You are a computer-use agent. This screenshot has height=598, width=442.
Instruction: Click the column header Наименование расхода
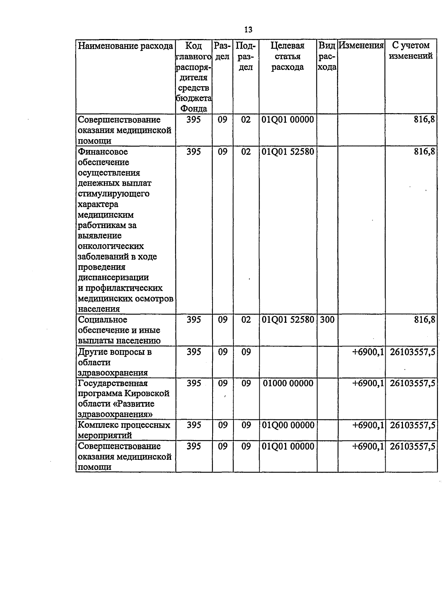125,46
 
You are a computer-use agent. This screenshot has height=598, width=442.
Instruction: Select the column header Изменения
361,46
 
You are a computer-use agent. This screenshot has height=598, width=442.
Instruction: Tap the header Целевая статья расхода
287,56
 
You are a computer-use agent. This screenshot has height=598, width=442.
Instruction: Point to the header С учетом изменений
411,51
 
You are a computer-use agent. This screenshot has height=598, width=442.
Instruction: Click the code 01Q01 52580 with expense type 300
288,320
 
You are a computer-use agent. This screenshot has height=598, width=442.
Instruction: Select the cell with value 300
327,320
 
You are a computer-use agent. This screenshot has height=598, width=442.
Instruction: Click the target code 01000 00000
288,384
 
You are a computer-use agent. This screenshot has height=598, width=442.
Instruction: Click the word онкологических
111,246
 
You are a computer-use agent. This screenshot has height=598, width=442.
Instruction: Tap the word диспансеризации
113,277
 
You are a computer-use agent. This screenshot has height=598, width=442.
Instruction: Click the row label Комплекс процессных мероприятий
124,430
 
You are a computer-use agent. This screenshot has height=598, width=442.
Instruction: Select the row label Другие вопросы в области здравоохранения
114,362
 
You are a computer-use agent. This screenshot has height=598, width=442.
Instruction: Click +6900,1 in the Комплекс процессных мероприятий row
368,425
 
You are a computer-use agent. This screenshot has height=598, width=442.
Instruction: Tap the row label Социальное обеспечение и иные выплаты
119,330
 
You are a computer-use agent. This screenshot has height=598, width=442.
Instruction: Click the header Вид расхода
327,56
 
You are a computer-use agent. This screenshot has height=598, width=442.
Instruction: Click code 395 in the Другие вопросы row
194,352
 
